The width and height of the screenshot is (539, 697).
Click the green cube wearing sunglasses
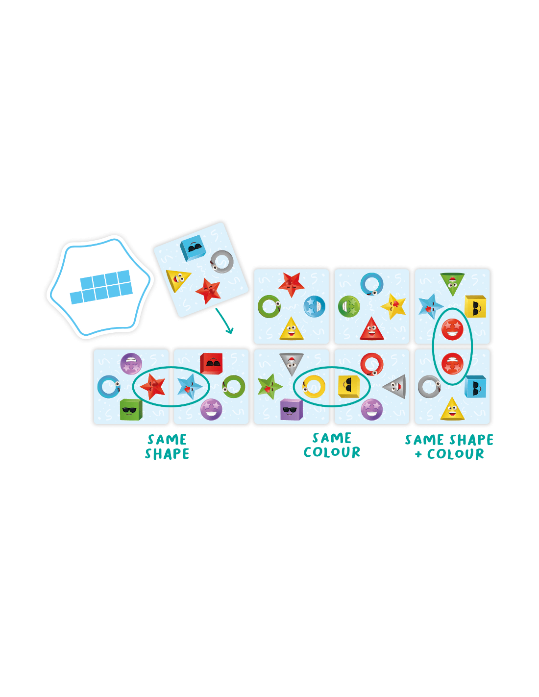coord(130,409)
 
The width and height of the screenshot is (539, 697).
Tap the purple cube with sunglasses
coord(291,409)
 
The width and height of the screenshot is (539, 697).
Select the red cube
coord(211,364)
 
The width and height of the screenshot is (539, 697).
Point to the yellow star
coord(393,306)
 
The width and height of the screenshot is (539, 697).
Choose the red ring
coord(371,364)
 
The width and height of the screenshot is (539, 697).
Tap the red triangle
coord(371,329)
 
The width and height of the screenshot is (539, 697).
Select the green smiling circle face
coord(349,306)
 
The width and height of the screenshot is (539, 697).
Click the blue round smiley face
coord(314,306)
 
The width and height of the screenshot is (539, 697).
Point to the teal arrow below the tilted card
coord(224,321)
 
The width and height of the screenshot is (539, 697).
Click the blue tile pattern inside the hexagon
coord(101,287)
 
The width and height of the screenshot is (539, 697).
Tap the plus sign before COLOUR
coord(418,454)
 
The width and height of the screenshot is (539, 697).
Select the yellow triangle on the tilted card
coord(178,280)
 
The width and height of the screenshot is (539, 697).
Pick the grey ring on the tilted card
coord(222,261)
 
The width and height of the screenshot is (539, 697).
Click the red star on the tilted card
coord(208,291)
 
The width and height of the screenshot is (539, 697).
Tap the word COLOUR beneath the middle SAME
coord(332,452)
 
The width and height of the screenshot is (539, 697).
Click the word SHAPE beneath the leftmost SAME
coord(167,454)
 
